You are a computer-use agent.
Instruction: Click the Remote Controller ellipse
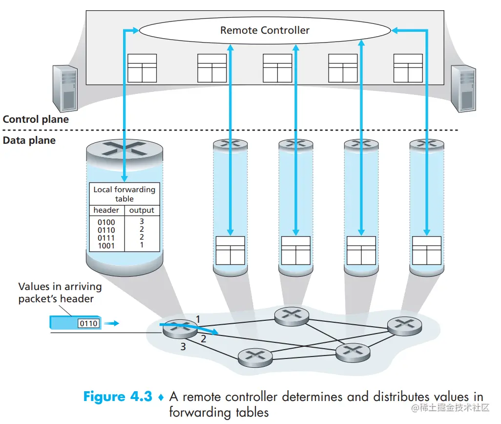265,30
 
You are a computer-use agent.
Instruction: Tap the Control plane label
36,119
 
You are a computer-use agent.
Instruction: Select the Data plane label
29,140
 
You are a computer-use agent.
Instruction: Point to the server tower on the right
463,88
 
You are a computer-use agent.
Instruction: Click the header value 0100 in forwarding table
106,223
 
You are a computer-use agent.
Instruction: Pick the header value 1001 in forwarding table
106,245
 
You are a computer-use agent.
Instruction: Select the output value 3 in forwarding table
142,222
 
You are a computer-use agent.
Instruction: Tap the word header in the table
106,210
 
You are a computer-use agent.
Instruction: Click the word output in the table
142,210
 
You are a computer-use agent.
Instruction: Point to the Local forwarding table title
124,194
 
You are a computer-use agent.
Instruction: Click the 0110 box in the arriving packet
88,323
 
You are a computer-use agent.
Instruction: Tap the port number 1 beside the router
198,319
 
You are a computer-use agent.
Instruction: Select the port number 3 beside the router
183,347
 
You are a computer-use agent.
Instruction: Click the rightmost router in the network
404,324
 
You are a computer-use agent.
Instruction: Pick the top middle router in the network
292,315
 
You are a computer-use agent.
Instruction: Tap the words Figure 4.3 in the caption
118,396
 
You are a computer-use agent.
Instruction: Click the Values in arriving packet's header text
60,292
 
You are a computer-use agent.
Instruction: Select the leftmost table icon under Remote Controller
142,68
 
